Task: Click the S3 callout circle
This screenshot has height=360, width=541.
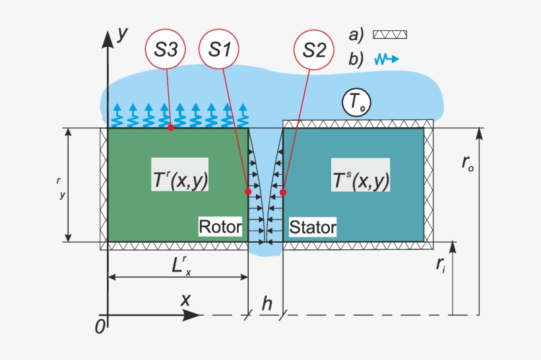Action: tap(166, 50)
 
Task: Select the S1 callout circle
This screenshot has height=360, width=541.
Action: tap(220, 50)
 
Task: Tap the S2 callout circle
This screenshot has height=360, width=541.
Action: tap(314, 50)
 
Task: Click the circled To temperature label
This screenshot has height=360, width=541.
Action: tap(356, 103)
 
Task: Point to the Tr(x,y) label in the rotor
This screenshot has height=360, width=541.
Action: tap(179, 175)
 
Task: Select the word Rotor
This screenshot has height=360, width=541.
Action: tap(220, 227)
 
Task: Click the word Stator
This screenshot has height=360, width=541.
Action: tap(313, 228)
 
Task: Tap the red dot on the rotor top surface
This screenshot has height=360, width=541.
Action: tap(170, 127)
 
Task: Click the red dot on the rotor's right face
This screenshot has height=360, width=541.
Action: tap(248, 192)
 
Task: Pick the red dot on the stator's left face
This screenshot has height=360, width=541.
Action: tap(283, 193)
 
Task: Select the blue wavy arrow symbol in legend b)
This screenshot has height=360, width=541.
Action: tap(387, 59)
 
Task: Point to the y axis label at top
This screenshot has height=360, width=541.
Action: tap(121, 35)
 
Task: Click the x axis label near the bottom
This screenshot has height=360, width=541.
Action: tap(186, 299)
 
